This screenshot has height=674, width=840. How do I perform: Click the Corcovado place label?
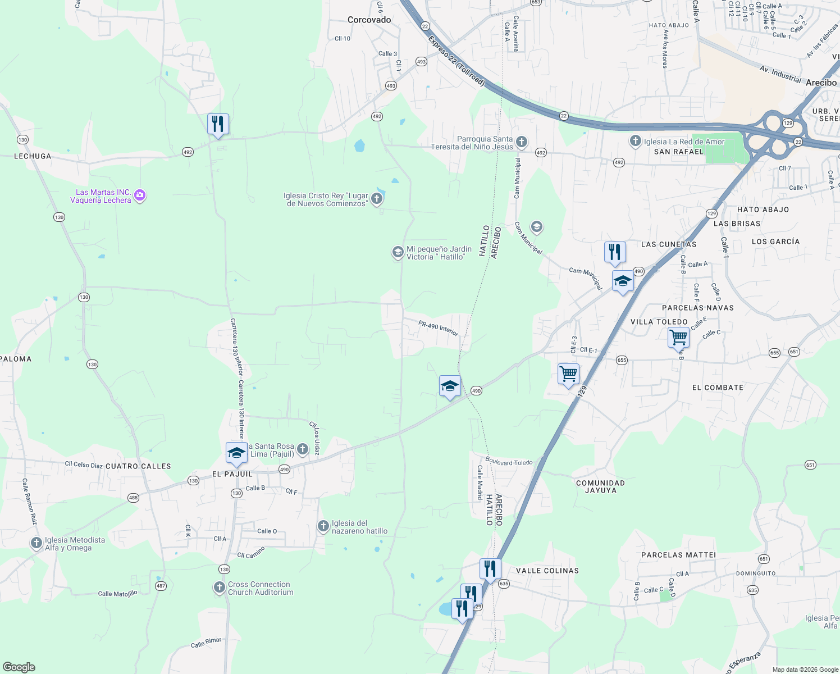(369, 20)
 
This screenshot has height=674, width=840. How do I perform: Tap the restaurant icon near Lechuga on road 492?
(218, 124)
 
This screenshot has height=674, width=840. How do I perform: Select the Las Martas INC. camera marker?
(140, 195)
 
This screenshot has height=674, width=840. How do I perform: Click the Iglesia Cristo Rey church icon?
(377, 198)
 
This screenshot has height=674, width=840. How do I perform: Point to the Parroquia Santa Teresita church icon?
(522, 142)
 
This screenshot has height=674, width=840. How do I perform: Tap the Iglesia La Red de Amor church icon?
(635, 141)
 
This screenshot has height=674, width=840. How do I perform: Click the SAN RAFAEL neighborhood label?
(678, 152)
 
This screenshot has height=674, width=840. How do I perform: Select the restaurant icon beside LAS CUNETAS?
(615, 252)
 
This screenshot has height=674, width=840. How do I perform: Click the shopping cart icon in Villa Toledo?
(678, 338)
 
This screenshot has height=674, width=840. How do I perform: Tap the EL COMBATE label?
(718, 388)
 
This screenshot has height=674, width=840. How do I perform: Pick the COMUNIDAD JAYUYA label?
(600, 486)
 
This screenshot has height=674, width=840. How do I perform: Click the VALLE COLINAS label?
(547, 571)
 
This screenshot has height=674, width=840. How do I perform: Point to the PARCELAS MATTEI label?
(678, 555)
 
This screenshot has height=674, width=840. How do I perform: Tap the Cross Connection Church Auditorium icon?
(219, 588)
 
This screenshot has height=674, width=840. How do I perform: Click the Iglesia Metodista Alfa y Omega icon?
(36, 543)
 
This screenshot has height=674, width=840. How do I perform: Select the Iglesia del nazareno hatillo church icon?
(323, 526)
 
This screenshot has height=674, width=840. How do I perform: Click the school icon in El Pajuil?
(236, 453)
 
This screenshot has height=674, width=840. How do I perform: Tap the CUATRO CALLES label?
(138, 466)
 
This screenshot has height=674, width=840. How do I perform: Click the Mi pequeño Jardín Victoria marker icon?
(398, 252)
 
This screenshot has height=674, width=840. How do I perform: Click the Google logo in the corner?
(19, 667)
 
